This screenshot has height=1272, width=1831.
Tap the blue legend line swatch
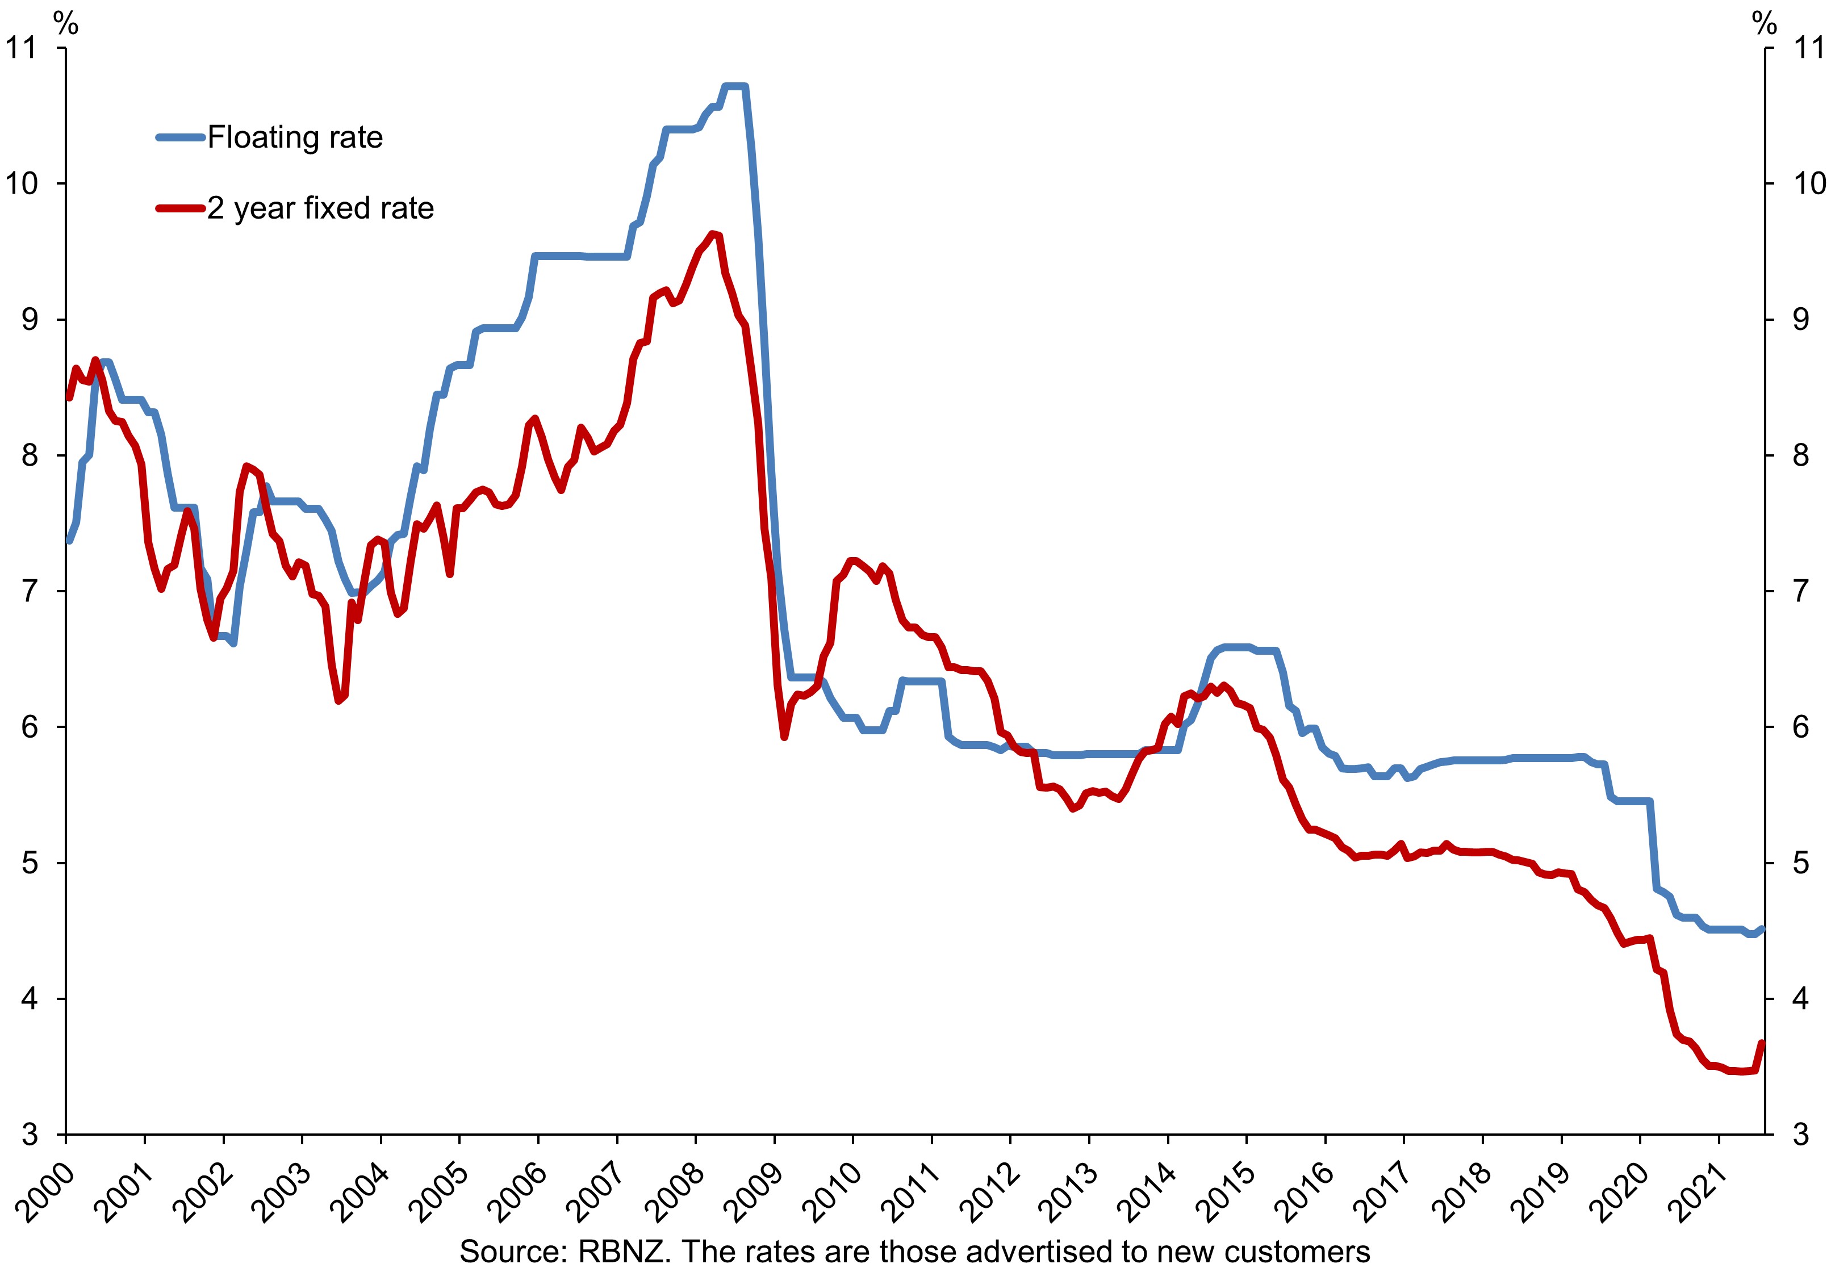pyautogui.click(x=181, y=138)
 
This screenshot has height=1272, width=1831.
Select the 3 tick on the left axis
pyautogui.click(x=29, y=1134)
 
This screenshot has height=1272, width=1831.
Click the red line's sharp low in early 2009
pyautogui.click(x=784, y=737)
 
